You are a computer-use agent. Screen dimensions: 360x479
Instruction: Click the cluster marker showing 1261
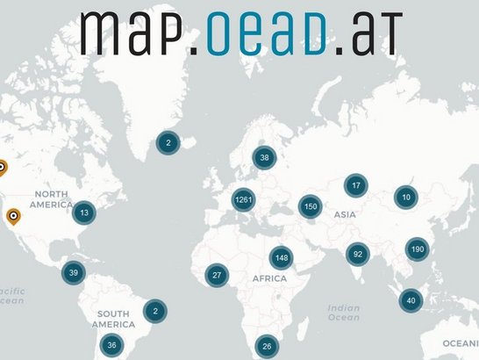pos(243,200)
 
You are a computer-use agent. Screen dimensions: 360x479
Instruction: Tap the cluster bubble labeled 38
pos(263,158)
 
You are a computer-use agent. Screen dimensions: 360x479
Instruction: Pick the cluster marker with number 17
pos(355,186)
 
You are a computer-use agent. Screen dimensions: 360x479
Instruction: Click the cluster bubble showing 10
pos(405,198)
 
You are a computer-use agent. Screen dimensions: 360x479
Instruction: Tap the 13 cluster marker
pos(83,212)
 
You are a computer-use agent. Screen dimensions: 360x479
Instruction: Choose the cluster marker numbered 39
pos(74,273)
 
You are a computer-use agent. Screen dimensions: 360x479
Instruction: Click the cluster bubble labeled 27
pos(217,276)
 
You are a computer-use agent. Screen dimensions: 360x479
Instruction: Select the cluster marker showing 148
pos(281,258)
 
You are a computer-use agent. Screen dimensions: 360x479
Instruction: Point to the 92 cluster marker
pos(357,255)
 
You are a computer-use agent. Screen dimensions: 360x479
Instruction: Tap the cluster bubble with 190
pos(417,250)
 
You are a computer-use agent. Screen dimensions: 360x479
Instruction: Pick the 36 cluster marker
pos(111,345)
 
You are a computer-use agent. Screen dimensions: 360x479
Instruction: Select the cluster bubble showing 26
pos(267,346)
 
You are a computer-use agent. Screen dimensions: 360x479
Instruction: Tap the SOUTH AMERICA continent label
pos(114,319)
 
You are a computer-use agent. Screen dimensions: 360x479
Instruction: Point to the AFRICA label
pos(269,277)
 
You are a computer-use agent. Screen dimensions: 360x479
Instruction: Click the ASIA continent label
pos(343,213)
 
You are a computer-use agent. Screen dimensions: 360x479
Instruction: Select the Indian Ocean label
pos(343,313)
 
